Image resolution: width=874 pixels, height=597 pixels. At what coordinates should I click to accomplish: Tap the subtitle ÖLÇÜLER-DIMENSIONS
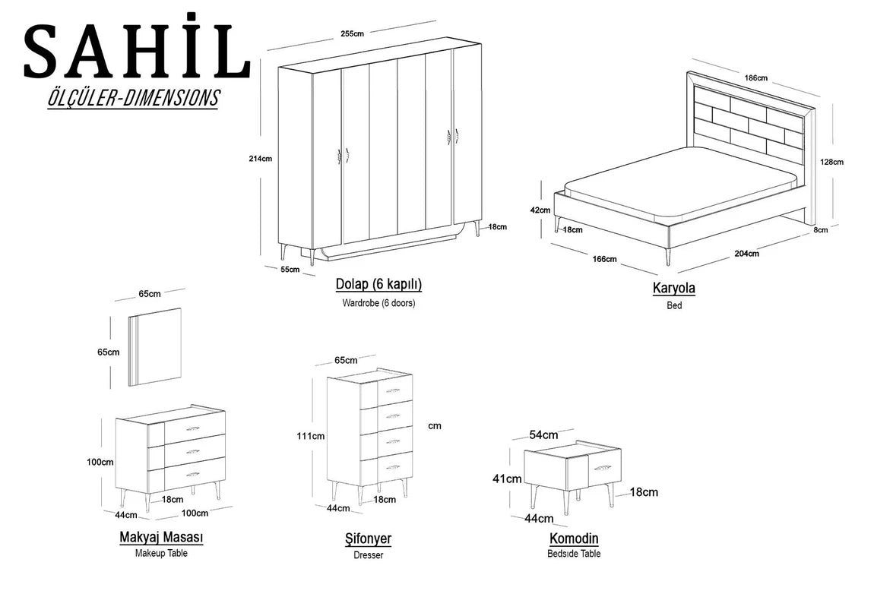(x=133, y=98)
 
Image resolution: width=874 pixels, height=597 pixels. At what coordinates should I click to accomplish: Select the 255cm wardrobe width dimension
(x=353, y=33)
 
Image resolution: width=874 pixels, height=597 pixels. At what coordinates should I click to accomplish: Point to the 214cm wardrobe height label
(x=261, y=159)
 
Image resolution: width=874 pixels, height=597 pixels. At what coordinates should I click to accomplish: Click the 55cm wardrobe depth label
(x=290, y=270)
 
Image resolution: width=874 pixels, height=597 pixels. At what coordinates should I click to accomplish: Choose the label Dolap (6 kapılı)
(x=378, y=285)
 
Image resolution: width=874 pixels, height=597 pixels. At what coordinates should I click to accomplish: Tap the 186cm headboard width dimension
(x=756, y=78)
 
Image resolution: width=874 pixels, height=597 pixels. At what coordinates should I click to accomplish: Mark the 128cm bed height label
(x=831, y=162)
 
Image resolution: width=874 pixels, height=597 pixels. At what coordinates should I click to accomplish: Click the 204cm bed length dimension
(x=746, y=254)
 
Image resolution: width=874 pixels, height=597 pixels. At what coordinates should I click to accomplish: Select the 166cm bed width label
(x=604, y=259)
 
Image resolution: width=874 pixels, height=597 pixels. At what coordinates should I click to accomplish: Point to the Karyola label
(x=674, y=289)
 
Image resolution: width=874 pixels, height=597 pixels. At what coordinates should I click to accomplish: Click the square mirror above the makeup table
(x=155, y=346)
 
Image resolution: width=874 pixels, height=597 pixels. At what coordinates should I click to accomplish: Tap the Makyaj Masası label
(x=162, y=538)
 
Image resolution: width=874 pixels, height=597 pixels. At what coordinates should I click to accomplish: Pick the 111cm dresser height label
(x=311, y=436)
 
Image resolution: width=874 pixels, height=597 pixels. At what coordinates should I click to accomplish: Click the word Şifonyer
(x=368, y=539)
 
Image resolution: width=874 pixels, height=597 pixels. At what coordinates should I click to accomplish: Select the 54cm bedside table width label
(x=543, y=435)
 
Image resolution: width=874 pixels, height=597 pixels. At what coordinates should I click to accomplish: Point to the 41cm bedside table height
(x=507, y=479)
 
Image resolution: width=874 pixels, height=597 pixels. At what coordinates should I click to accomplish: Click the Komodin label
(x=574, y=539)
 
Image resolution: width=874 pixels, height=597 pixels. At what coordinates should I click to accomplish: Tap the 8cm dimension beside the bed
(x=821, y=229)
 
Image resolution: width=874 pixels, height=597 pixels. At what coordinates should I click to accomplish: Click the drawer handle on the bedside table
(x=603, y=466)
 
